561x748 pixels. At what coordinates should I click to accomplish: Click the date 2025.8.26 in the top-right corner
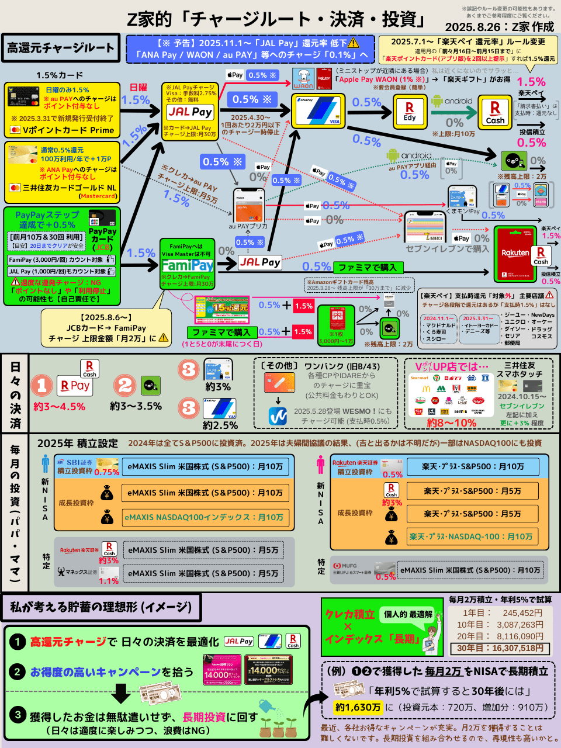click(473, 27)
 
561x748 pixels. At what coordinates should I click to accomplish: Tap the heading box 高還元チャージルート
click(61, 48)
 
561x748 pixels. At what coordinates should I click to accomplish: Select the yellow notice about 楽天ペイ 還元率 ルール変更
click(467, 50)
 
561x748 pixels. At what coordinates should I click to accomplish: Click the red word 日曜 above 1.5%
click(138, 88)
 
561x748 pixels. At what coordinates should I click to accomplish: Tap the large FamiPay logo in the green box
click(188, 265)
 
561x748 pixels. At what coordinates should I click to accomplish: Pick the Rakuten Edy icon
click(410, 111)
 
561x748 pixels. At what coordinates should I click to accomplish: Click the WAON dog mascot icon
click(303, 78)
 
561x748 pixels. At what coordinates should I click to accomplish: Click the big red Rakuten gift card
click(515, 253)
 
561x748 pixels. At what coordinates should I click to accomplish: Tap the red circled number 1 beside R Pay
click(42, 385)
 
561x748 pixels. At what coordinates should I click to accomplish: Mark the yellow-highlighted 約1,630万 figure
click(358, 707)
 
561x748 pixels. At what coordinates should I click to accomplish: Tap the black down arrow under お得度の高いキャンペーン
click(120, 694)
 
